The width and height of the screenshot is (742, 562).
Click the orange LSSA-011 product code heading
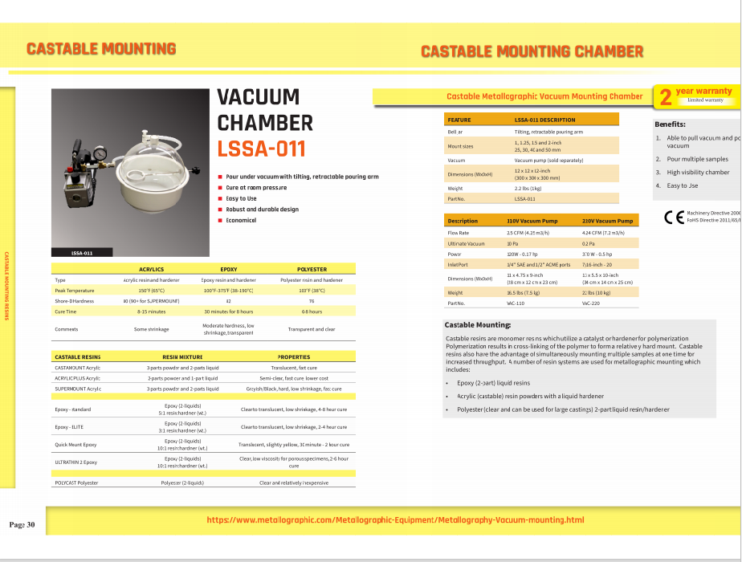click(261, 149)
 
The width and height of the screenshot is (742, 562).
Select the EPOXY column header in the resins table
click(228, 270)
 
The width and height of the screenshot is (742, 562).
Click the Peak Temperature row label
click(75, 290)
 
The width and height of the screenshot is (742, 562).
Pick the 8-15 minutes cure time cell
click(151, 311)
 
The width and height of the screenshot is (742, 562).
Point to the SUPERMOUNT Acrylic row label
click(78, 388)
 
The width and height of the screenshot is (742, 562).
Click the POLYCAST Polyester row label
click(76, 483)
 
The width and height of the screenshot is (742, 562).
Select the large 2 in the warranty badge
click(665, 97)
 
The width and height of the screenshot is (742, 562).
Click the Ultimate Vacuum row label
click(466, 242)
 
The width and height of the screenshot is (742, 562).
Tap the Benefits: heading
click(670, 124)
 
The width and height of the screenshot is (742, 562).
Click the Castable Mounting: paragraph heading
click(477, 324)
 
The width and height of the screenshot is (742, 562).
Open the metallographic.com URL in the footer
click(395, 519)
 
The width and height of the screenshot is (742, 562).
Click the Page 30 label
click(22, 524)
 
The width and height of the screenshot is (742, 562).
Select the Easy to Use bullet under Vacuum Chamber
click(241, 198)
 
